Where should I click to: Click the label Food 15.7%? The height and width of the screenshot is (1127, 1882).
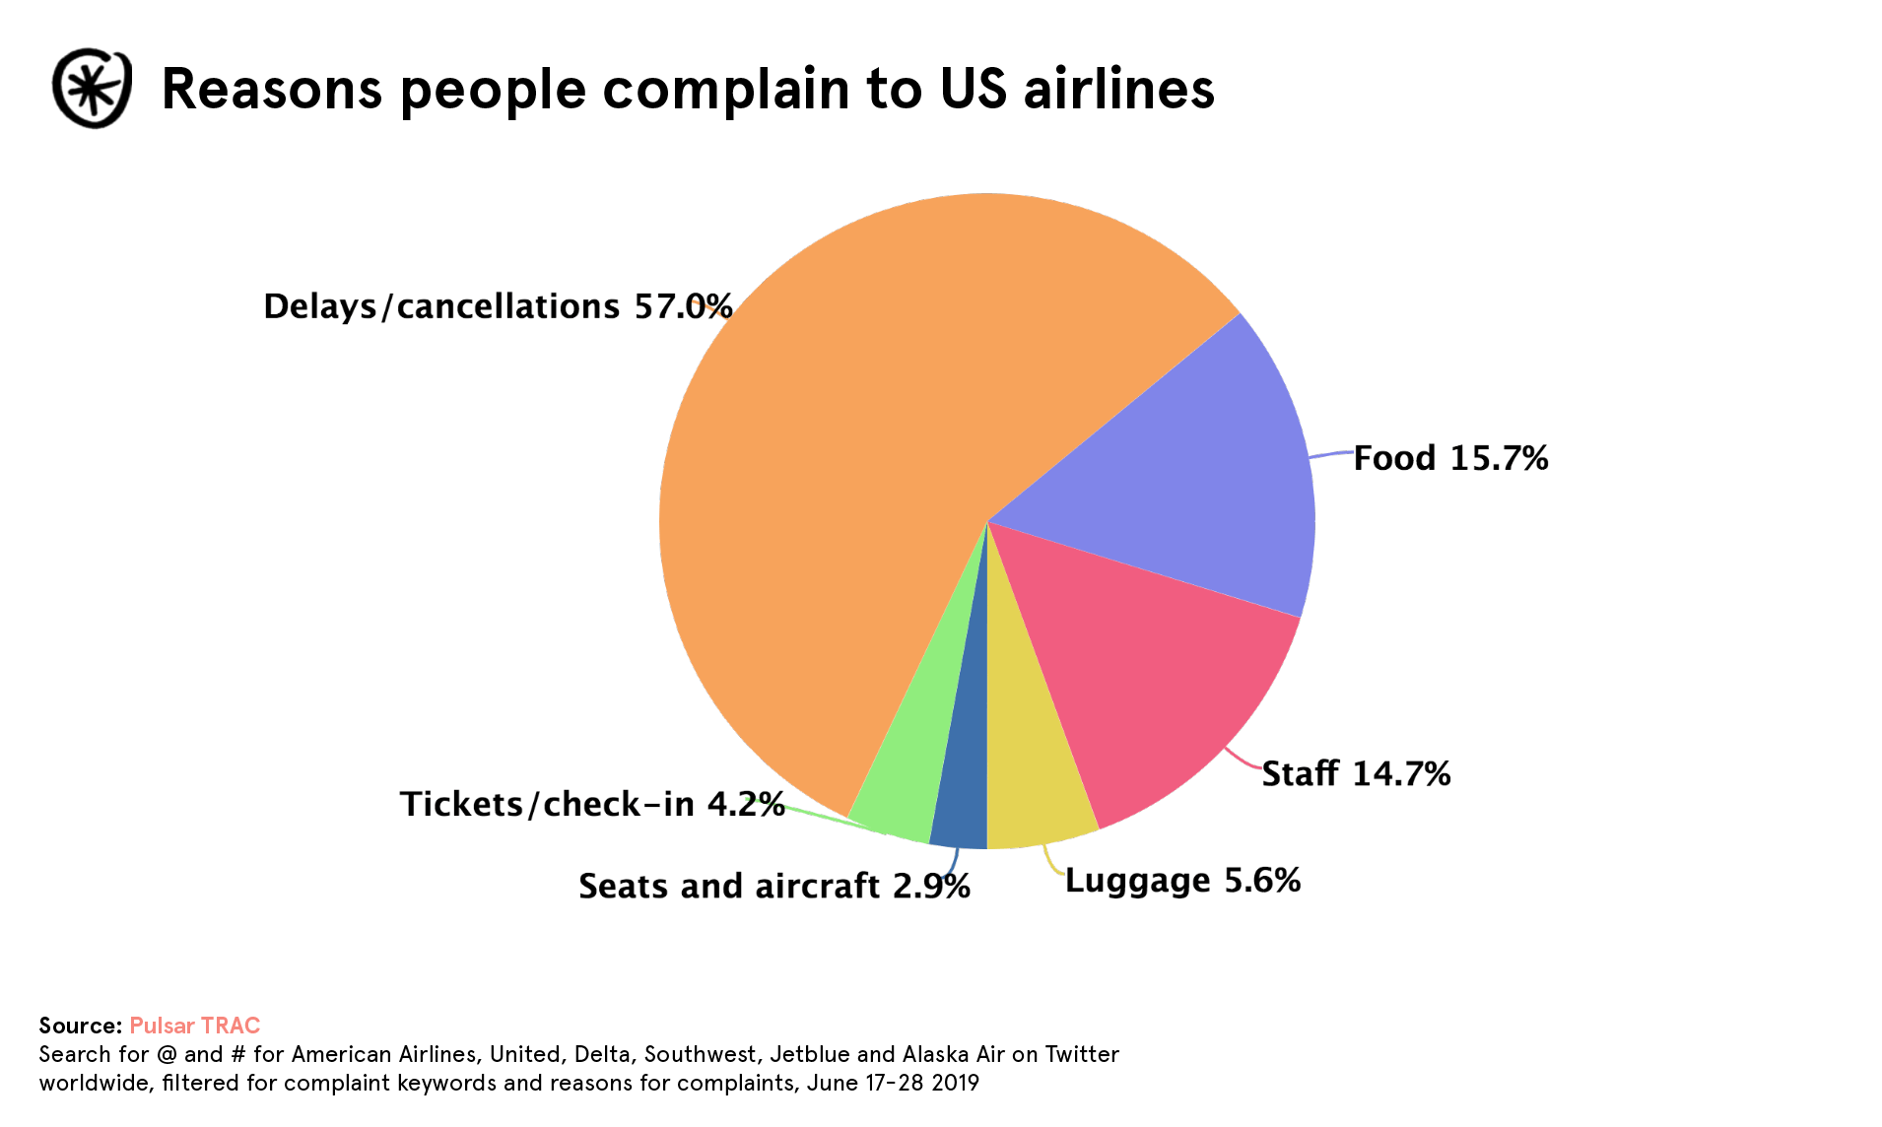click(x=1450, y=459)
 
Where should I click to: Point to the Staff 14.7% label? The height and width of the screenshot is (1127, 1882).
click(x=1356, y=774)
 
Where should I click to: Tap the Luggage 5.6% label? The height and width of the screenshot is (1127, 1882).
click(x=1182, y=881)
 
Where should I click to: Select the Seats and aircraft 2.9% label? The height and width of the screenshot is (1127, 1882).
click(x=773, y=887)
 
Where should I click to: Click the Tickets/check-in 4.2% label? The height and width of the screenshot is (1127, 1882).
click(x=591, y=805)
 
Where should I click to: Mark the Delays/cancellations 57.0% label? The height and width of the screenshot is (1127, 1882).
click(x=498, y=307)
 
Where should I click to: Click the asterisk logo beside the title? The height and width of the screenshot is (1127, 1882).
click(x=92, y=89)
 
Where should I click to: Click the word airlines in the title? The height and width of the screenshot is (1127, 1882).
click(x=1118, y=89)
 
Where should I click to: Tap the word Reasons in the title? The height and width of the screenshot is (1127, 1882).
click(x=271, y=89)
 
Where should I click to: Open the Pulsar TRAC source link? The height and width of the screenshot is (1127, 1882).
click(x=194, y=1026)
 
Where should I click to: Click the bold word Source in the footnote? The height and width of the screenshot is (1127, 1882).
click(x=80, y=1026)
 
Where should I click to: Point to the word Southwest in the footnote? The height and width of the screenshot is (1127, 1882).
click(x=701, y=1054)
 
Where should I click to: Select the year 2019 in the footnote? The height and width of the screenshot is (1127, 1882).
click(x=955, y=1083)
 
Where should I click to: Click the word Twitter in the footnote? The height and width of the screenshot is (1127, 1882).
click(x=1082, y=1054)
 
